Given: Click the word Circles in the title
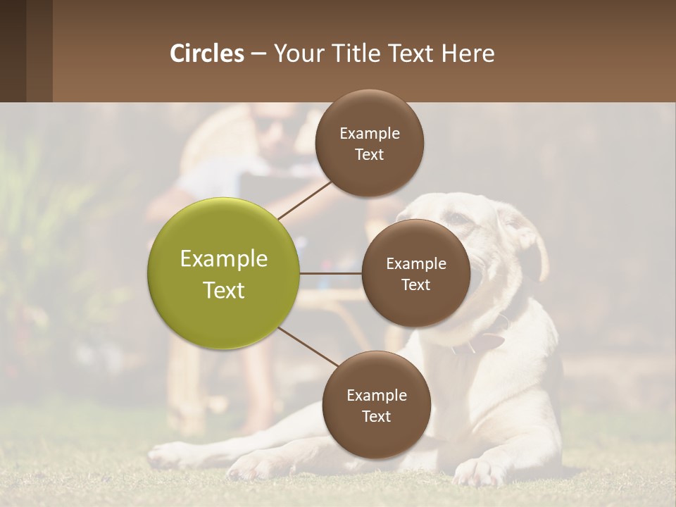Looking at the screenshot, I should (206, 54).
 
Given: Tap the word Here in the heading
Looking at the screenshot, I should (468, 54).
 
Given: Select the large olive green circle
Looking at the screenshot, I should (224, 274).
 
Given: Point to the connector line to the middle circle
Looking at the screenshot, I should (331, 273).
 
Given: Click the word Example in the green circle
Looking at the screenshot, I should (224, 259).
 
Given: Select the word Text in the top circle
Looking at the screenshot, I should (370, 154).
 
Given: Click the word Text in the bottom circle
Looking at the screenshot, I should (377, 416).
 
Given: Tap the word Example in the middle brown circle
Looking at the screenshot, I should (416, 264).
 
